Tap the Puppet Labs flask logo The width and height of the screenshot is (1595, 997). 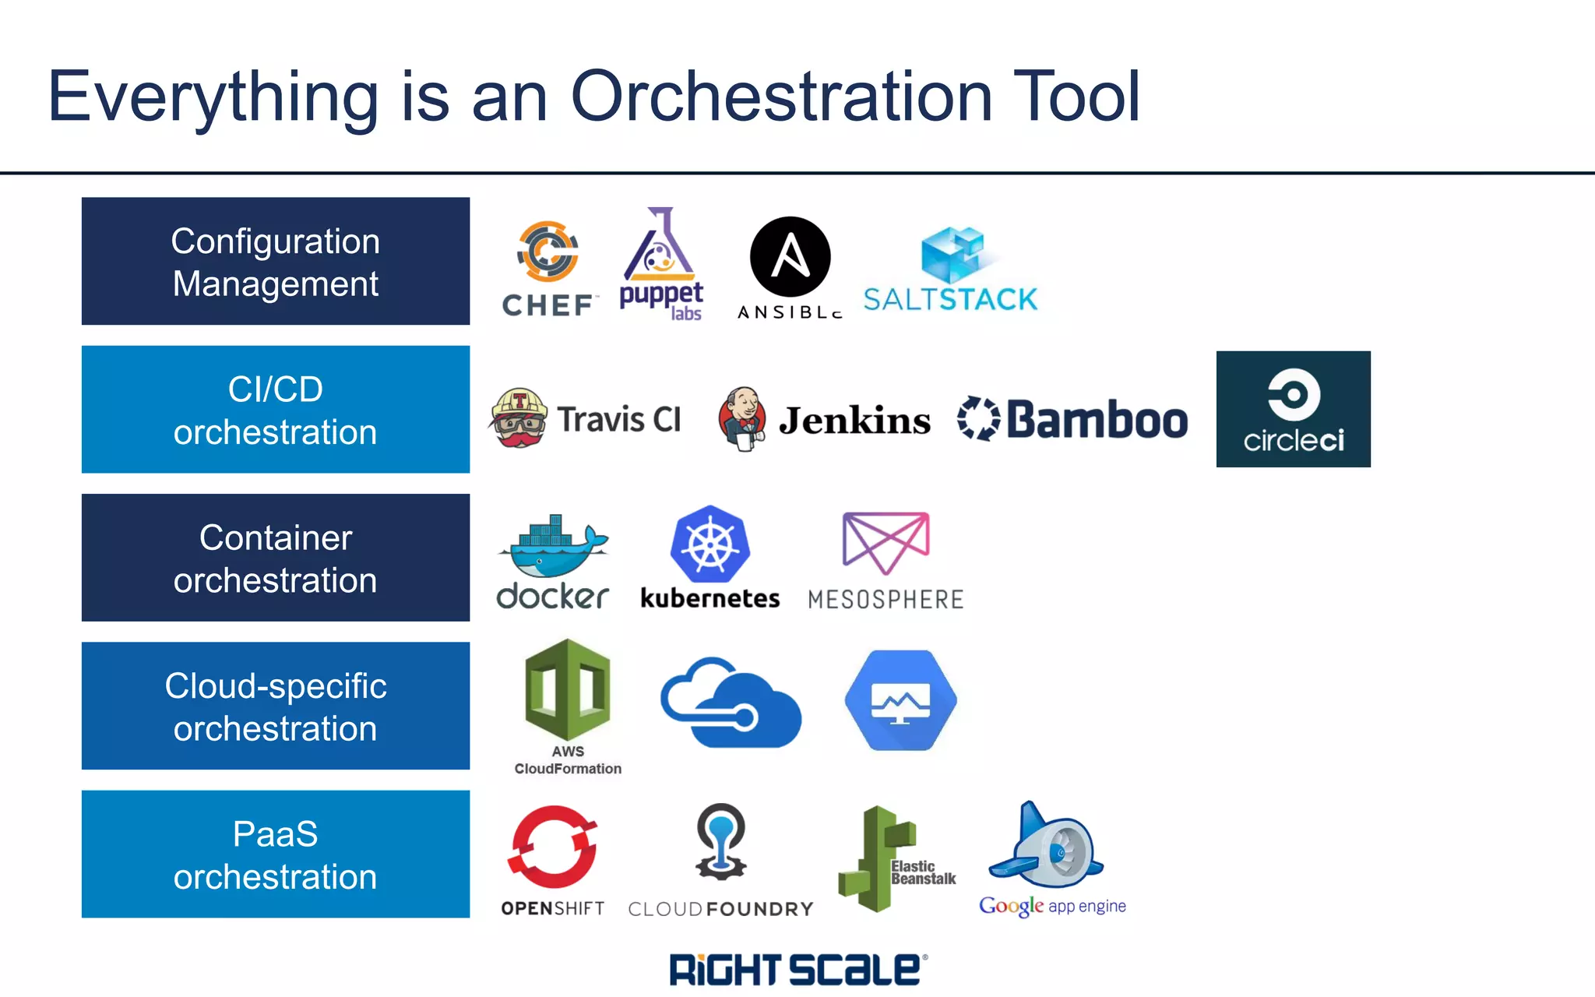point(660,248)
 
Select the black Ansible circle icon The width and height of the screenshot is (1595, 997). point(790,257)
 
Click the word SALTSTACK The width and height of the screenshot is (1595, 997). point(950,300)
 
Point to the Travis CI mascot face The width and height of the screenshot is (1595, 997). point(519,419)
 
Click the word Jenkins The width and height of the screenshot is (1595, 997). point(854,421)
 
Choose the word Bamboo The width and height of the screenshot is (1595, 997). point(1097,421)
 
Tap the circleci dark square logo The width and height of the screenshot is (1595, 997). point(1293,409)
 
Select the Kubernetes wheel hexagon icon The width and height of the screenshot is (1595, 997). point(709,544)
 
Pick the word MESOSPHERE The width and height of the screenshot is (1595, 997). point(886,600)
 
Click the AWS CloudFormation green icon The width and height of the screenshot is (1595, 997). point(568,689)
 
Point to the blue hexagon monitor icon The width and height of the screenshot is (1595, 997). point(900,700)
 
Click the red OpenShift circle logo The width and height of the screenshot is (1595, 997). point(553,847)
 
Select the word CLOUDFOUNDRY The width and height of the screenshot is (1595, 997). point(720,909)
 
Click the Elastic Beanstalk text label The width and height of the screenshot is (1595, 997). point(923,872)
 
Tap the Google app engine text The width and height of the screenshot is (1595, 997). point(1052,906)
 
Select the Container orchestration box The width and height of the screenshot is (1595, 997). point(276,558)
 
